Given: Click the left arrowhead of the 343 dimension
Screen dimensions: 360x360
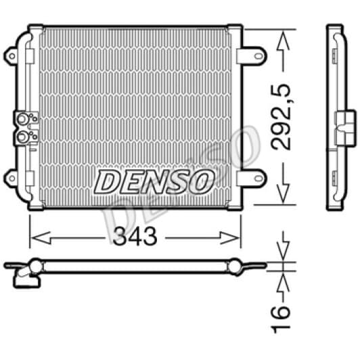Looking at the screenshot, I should [35, 237].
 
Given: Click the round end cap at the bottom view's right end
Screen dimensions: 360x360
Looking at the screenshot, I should [234, 267].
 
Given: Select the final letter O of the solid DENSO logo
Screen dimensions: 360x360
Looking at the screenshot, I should [202, 181].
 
